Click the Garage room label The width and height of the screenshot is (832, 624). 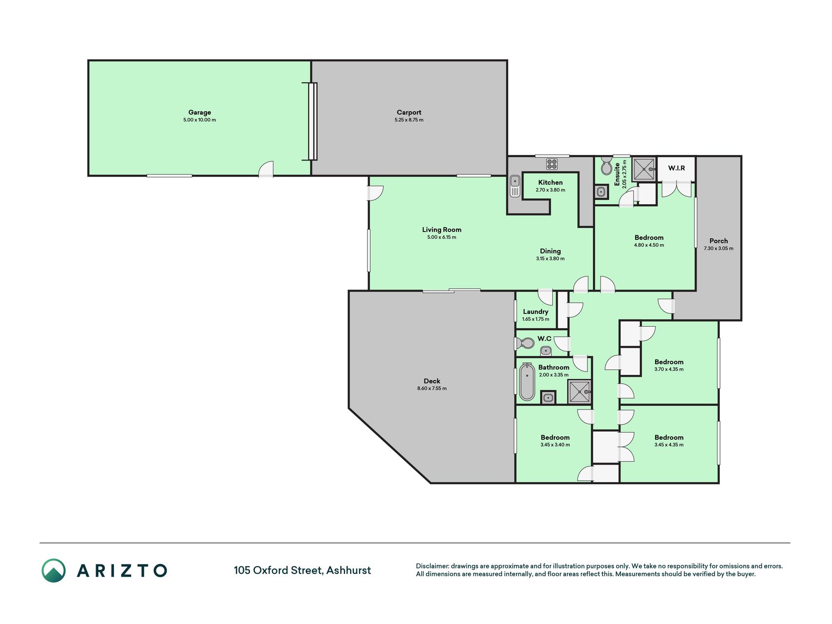coord(200,112)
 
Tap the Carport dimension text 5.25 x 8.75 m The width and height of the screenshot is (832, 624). coord(409,120)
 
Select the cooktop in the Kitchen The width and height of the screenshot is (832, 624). coord(552,164)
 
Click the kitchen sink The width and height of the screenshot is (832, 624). coord(515,186)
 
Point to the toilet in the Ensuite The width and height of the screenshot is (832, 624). coord(606,166)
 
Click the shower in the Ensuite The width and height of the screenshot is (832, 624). coord(644,169)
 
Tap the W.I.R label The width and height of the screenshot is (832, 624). coord(676,168)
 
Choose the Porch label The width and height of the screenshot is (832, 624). coord(718,241)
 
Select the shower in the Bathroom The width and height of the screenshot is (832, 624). coord(580,392)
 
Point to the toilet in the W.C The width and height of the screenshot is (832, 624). coord(524,343)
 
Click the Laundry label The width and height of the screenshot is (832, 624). coord(536,312)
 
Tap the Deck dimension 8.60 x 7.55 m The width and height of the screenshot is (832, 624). coord(432,389)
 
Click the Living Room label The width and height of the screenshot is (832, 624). coord(442,230)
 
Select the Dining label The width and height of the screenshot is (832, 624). coord(550,251)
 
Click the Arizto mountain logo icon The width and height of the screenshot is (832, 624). coord(54,570)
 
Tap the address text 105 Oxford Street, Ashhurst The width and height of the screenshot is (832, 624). coord(302,570)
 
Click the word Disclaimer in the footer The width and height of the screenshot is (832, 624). coord(432,566)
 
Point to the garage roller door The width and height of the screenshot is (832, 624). coord(312,121)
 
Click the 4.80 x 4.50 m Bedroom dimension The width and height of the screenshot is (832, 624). coord(649,245)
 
